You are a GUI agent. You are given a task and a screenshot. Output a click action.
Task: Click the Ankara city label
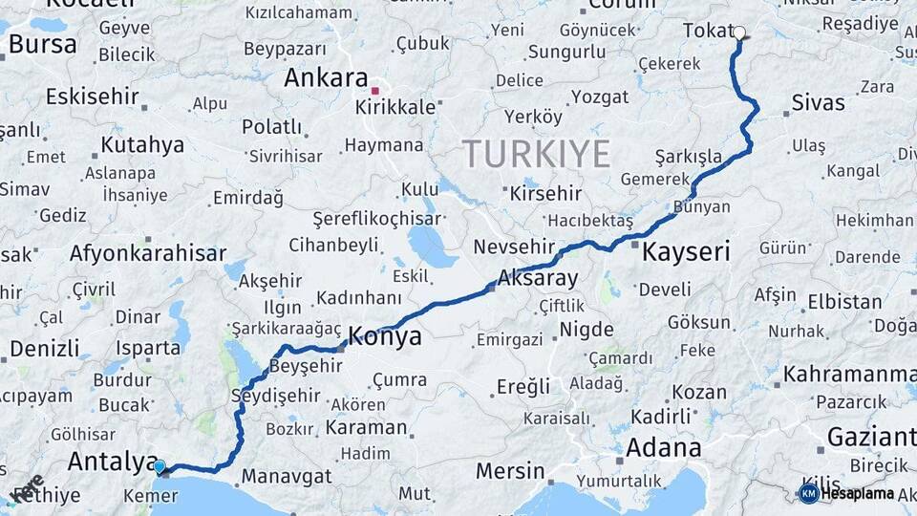click(326, 77)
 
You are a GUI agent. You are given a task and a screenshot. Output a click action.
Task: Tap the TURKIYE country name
click(536, 153)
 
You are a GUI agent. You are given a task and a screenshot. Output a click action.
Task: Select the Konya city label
click(385, 335)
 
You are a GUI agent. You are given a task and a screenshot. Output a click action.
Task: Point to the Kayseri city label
click(686, 252)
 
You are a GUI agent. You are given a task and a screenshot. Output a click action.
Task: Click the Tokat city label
click(707, 31)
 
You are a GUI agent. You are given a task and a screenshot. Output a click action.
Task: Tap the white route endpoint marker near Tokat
click(739, 32)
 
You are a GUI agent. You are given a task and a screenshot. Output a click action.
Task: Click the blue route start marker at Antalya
click(160, 466)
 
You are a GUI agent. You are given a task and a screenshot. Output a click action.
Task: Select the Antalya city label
click(112, 462)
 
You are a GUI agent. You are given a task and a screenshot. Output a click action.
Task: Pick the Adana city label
click(663, 447)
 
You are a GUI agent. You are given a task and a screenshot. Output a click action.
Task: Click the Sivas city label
click(819, 102)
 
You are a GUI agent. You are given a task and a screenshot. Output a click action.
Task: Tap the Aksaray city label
click(538, 279)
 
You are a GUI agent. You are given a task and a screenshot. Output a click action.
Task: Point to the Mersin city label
click(510, 471)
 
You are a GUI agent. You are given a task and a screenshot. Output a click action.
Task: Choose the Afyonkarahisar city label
click(147, 253)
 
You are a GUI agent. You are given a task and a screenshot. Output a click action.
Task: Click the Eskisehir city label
click(92, 97)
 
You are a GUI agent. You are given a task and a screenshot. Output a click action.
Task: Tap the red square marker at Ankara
click(375, 92)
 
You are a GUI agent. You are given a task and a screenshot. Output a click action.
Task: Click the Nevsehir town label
click(514, 247)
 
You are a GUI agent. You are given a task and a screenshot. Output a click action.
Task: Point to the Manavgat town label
click(286, 475)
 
